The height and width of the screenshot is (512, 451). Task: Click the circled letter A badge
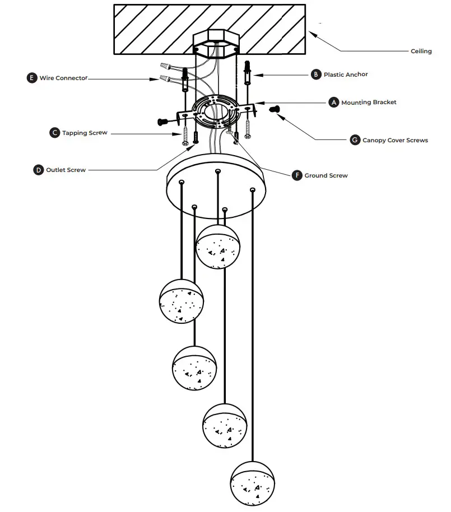click(x=334, y=103)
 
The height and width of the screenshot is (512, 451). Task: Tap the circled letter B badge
click(x=316, y=74)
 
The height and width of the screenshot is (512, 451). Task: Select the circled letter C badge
click(x=54, y=133)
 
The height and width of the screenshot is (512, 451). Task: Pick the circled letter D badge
click(x=38, y=169)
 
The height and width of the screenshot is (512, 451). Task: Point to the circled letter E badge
click(x=32, y=78)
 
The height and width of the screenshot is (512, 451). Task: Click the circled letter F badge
click(x=297, y=175)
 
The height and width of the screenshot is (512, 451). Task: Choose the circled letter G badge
click(x=355, y=140)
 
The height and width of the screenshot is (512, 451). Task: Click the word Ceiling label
click(x=421, y=51)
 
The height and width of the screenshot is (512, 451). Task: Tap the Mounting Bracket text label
click(x=369, y=103)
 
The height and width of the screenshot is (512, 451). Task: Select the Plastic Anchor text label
click(x=346, y=74)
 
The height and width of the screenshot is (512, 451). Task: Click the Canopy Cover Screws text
click(x=395, y=140)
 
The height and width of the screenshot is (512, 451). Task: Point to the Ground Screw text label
click(x=326, y=175)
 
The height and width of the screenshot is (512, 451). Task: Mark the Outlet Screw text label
click(x=66, y=169)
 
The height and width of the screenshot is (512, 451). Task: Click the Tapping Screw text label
click(x=85, y=133)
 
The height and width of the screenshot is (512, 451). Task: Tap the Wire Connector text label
click(x=63, y=78)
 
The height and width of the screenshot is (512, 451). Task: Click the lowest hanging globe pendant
click(x=252, y=483)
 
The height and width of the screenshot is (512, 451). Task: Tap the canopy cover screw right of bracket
click(x=275, y=110)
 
